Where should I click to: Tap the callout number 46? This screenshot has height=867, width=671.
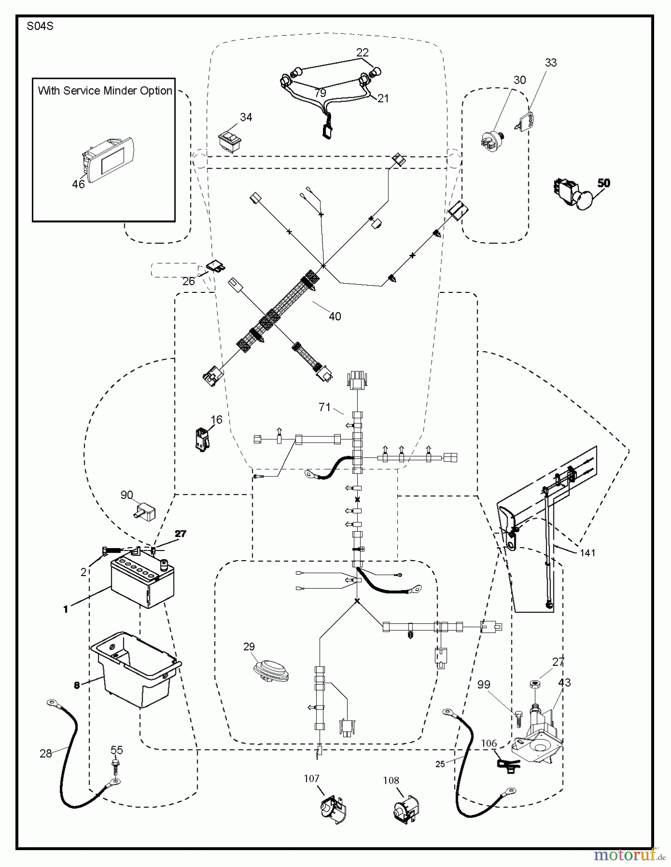[78, 184]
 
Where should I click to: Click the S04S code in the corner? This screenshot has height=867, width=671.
[40, 26]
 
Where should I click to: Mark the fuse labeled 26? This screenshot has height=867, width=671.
[214, 265]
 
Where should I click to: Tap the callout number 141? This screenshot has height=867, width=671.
[588, 553]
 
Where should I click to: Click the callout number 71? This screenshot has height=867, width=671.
[325, 407]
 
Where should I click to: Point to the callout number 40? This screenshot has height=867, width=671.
[335, 316]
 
